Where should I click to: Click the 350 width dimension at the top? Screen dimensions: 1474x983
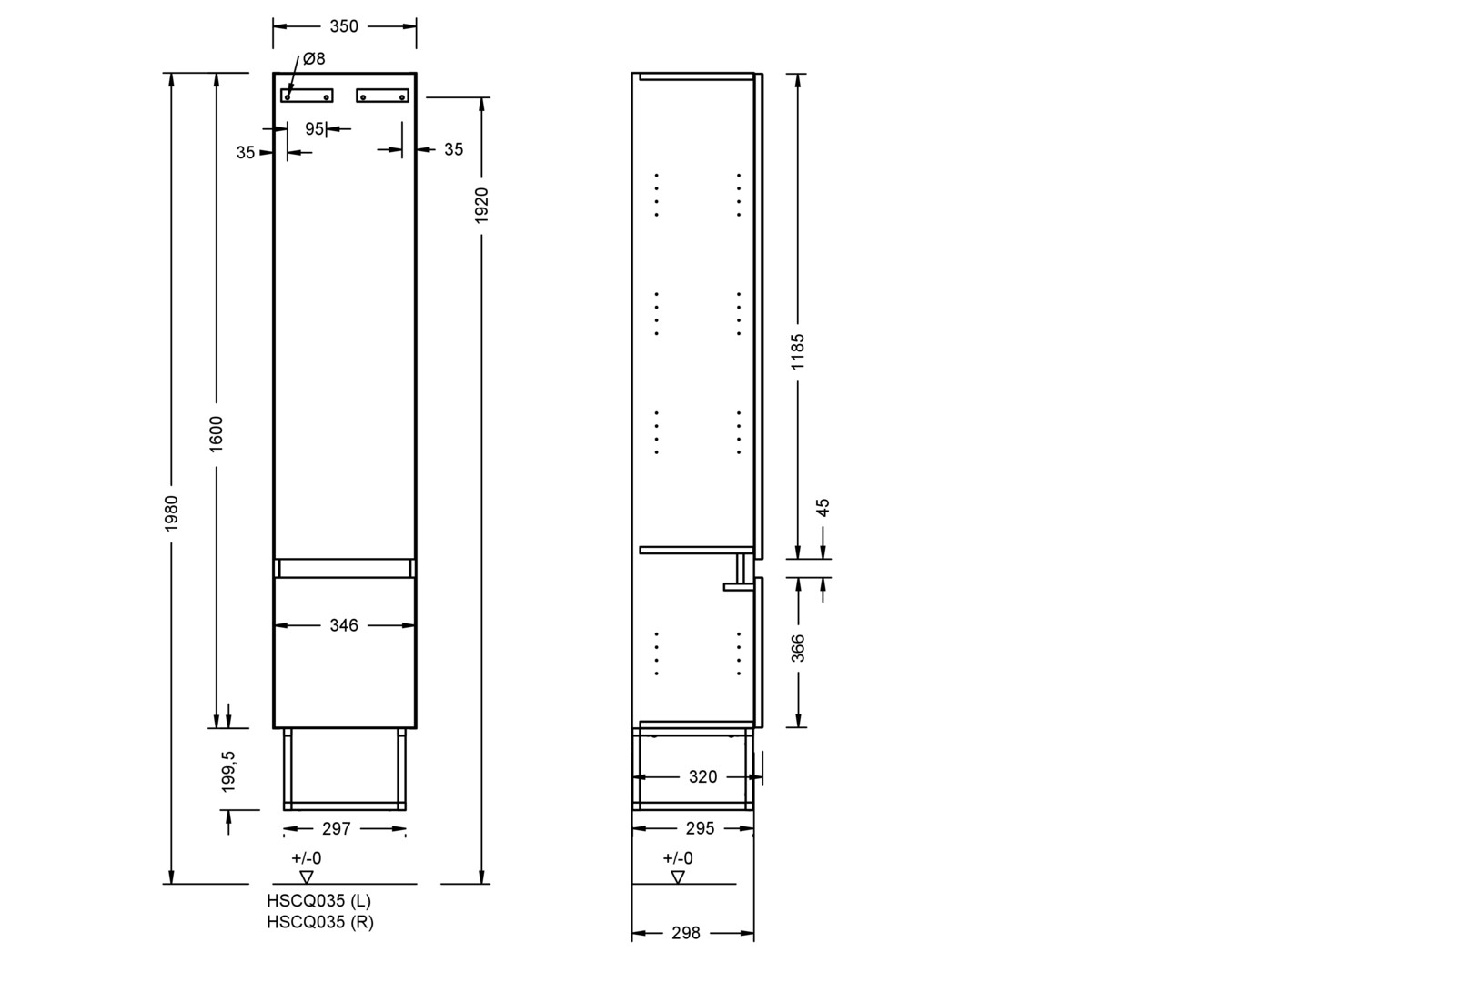coord(344,26)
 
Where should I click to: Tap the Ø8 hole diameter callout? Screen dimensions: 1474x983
coord(314,58)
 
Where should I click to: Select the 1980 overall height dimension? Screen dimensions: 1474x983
coord(171,513)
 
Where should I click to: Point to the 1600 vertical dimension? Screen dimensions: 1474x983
coord(216,434)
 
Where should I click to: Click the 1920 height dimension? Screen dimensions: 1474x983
coord(481,206)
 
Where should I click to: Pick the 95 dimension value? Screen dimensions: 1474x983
coord(315,129)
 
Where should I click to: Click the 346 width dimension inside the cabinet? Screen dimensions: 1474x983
coord(344,625)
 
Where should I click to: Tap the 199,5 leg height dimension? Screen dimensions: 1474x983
coord(228,771)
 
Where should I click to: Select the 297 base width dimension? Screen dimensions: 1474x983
coord(337,828)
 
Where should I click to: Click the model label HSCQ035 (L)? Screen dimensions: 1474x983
coord(319,901)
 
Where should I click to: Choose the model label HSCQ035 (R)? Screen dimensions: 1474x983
coord(320,922)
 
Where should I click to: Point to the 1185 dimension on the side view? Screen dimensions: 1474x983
coord(798,351)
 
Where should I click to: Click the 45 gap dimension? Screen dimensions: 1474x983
coord(823,508)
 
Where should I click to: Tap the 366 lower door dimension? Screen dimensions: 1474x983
coord(798,649)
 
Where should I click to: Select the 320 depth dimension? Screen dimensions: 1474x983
coord(702,777)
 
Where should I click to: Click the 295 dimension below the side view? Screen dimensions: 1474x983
coord(701,828)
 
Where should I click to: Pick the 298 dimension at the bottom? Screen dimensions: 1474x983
coord(686,933)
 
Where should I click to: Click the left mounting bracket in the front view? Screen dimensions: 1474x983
coord(308,96)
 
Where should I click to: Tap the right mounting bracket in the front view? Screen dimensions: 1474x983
coord(383,96)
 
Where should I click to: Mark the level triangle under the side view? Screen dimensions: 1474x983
coord(678,877)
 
